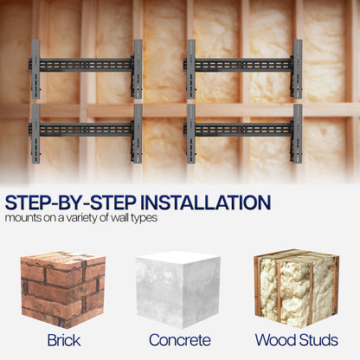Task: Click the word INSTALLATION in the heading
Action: (205, 202)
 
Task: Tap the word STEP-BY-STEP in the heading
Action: (71, 202)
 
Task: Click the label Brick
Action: (64, 340)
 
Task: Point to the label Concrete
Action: (180, 340)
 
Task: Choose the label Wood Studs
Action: (297, 340)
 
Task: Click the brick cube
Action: (63, 289)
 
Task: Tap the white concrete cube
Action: (178, 289)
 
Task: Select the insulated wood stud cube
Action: (296, 288)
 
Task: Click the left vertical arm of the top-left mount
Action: (35, 69)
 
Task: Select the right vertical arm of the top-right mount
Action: (298, 69)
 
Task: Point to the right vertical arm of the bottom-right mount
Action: (298, 133)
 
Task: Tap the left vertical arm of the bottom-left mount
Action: (35, 133)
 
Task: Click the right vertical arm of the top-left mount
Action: (138, 69)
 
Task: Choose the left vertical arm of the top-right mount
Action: (191, 69)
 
